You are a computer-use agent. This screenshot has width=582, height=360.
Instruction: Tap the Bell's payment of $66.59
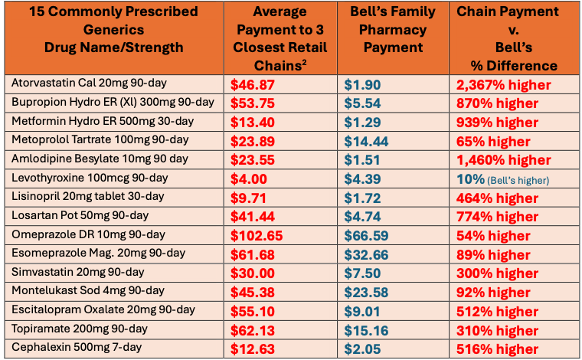370,235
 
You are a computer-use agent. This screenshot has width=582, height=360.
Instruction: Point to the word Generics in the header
112,29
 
